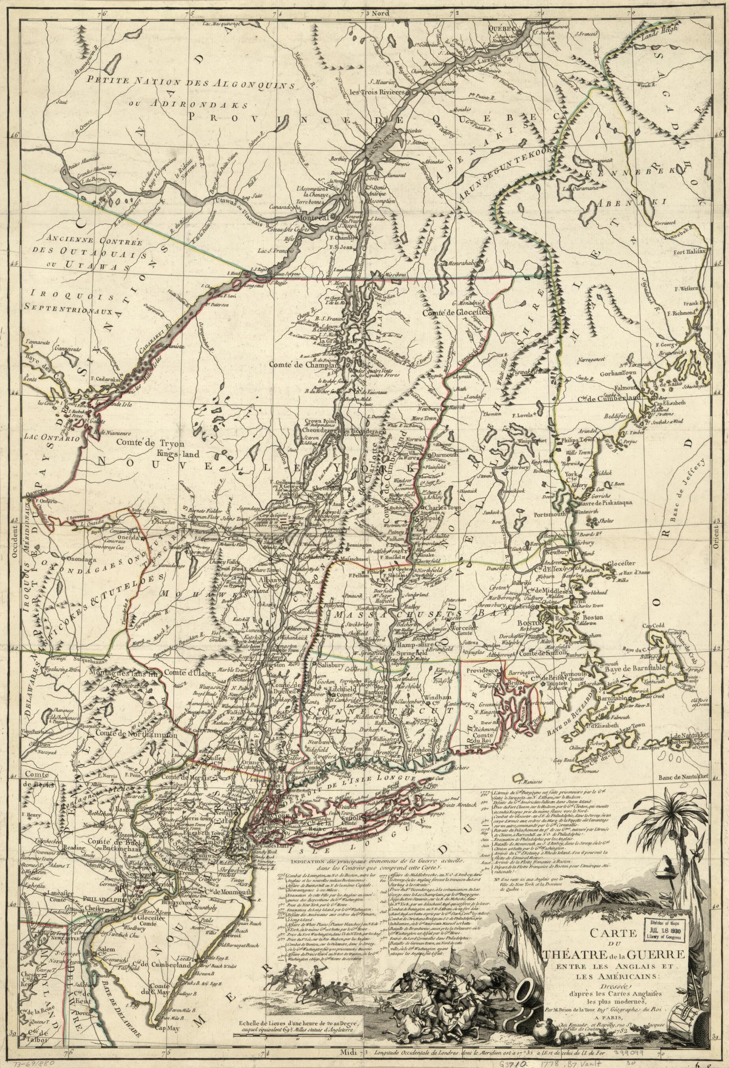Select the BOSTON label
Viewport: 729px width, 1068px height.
527,623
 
